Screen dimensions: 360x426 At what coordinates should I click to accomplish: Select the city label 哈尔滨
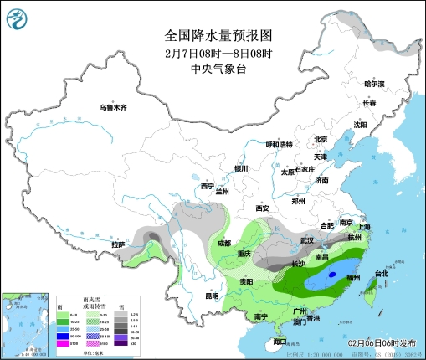pyautogui.click(x=373, y=84)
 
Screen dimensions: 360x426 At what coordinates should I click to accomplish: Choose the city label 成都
pyautogui.click(x=223, y=243)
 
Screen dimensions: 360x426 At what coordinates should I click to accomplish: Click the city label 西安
pyautogui.click(x=263, y=208)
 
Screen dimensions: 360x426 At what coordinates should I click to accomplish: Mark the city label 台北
pyautogui.click(x=381, y=274)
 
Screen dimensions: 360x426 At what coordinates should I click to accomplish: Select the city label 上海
pyautogui.click(x=363, y=226)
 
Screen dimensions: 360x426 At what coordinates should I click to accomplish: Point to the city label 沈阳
pyautogui.click(x=360, y=125)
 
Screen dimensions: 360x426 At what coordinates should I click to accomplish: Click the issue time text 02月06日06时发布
pyautogui.click(x=380, y=342)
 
